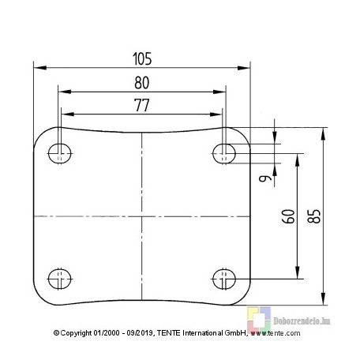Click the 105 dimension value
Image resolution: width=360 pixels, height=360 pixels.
coord(142,58)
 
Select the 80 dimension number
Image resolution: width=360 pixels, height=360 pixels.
coord(142,83)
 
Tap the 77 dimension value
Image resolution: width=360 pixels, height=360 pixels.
coord(142,105)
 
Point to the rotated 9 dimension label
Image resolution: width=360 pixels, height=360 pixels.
coord(265,178)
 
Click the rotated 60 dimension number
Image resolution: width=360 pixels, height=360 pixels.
coord(288,216)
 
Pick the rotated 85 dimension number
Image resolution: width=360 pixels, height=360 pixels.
coord(314,216)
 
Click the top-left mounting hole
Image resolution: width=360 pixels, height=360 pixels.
coord(60,153)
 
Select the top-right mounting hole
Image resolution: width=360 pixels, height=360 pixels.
coord(224,153)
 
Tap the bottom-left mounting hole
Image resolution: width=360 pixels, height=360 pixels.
coord(60,279)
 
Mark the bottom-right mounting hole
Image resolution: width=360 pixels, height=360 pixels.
coord(224,279)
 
